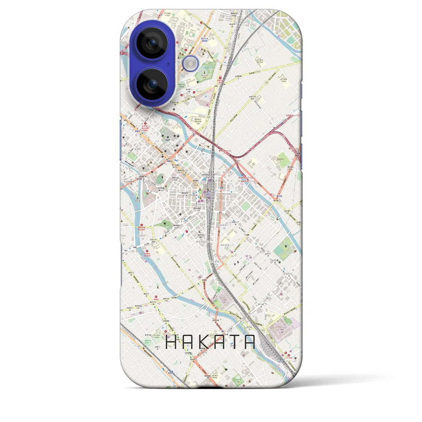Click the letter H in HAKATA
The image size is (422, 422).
point(171,342)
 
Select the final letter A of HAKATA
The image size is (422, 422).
point(250,342)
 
